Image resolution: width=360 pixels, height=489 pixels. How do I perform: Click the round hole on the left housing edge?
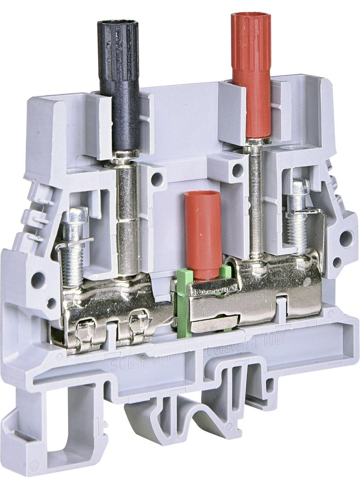[37, 278]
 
